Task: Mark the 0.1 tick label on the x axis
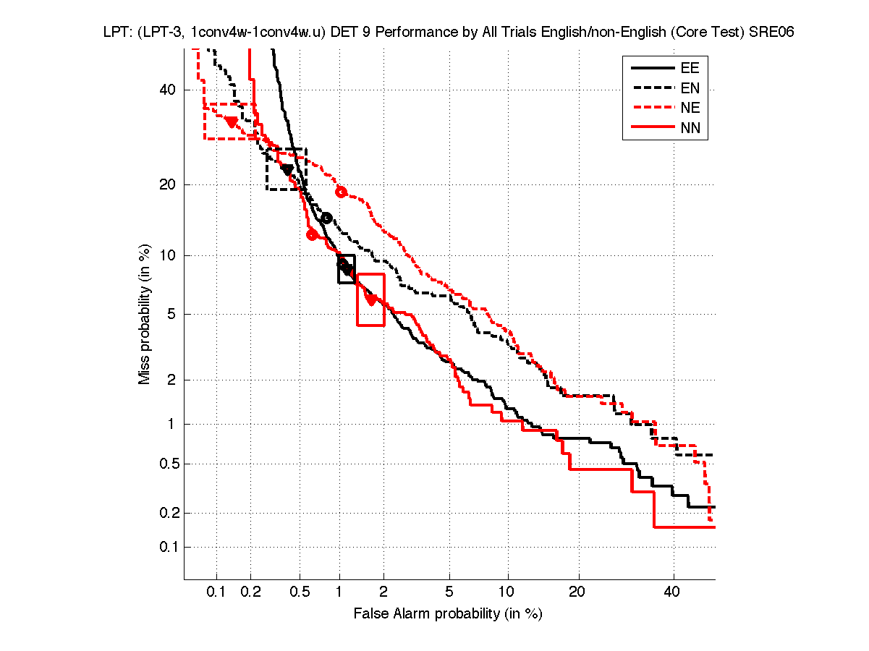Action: [216, 593]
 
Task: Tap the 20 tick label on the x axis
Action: [576, 593]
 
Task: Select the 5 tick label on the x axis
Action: [449, 593]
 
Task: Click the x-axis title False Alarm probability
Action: [448, 614]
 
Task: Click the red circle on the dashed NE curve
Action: [342, 192]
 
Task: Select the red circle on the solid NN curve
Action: [312, 234]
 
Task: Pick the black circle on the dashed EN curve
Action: [326, 218]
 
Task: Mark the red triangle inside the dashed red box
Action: [232, 122]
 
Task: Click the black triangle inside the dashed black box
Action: [287, 169]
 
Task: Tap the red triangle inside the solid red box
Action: [371, 299]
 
